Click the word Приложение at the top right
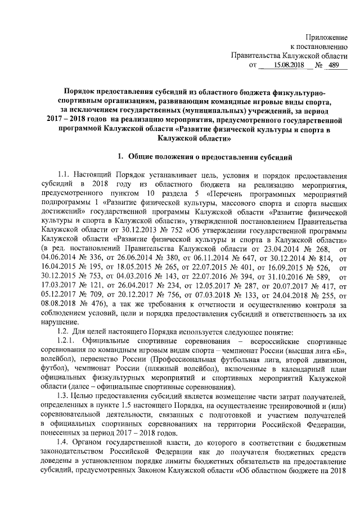pyautogui.click(x=326, y=37)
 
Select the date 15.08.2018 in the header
pyautogui.click(x=289, y=65)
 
